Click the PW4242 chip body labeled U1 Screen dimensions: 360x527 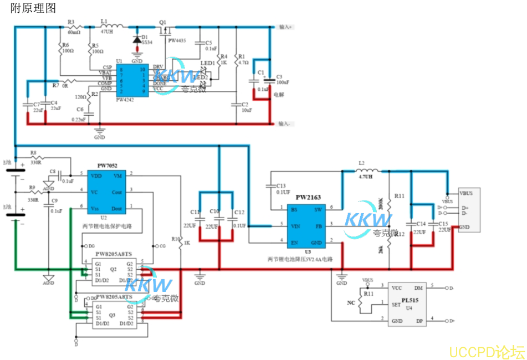pos(131,81)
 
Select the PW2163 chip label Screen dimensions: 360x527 pos(308,197)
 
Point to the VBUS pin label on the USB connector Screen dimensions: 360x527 pos(466,194)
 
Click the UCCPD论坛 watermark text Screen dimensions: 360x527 pos(486,351)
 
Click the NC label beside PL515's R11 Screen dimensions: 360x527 pos(351,303)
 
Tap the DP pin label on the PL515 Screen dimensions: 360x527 pos(419,321)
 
